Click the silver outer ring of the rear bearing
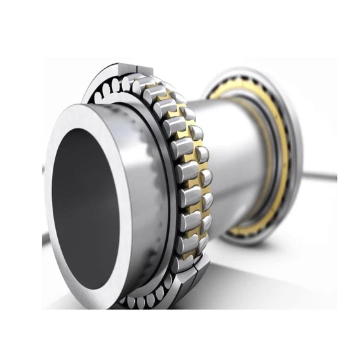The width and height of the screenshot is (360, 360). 292,129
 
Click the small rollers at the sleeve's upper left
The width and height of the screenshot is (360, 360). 109,90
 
